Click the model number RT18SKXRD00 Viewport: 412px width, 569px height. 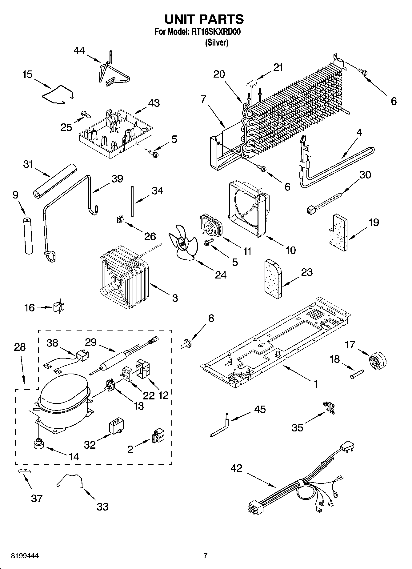coord(215,32)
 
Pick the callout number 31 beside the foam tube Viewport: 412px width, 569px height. coord(28,165)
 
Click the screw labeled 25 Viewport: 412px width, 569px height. coord(86,114)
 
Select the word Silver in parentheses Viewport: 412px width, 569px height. coord(217,43)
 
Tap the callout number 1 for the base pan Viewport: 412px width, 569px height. coord(316,384)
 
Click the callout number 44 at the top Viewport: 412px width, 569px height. coord(79,51)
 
